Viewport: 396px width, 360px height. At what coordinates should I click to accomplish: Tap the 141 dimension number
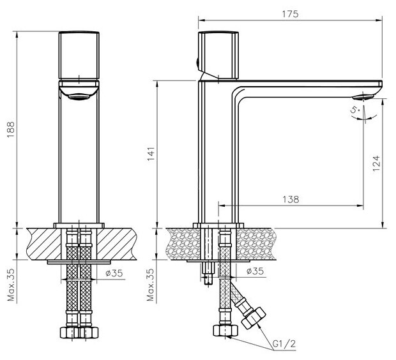pyautogui.click(x=151, y=154)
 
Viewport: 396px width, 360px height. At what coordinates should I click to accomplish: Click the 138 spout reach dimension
pyautogui.click(x=291, y=199)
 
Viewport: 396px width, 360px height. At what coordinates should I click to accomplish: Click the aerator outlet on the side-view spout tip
pyautogui.click(x=363, y=97)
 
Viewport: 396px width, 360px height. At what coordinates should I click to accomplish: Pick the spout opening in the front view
pyautogui.click(x=79, y=96)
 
